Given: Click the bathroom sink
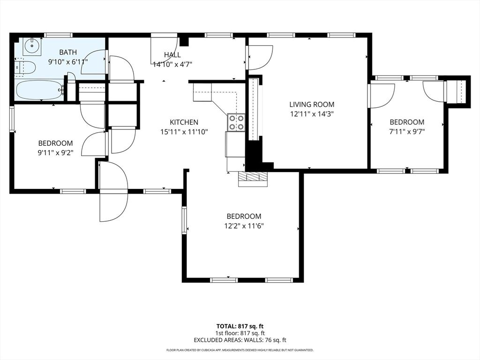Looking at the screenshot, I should coord(32,46).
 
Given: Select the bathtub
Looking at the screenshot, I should coord(39,90).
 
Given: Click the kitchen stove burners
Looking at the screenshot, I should coord(236,122).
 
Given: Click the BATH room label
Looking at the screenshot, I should coord(68,52).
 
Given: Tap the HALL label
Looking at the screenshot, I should coord(172,55).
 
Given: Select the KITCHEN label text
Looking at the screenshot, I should coord(184,122).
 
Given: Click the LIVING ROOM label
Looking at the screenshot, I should coord(312,105).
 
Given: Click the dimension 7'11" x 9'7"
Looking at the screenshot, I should coord(407,131).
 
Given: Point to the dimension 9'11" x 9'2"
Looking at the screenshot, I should coord(55,152).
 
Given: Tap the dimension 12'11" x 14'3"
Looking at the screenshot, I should coord(312,113).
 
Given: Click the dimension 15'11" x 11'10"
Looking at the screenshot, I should coord(184,132).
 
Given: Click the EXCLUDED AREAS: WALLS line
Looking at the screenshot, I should coord(240,340).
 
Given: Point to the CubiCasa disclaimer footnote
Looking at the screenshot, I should coord(240,350).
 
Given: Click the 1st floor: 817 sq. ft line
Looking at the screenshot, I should coord(240,333).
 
